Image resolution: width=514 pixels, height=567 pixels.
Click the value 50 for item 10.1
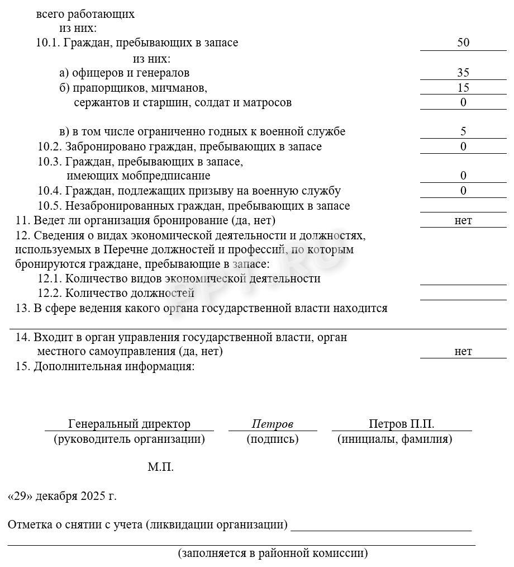pyautogui.click(x=463, y=43)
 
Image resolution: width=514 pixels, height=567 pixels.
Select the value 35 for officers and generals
pyautogui.click(x=463, y=73)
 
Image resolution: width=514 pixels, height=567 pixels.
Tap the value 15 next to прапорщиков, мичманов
pyautogui.click(x=463, y=88)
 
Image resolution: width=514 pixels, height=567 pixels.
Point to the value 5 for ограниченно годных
pyautogui.click(x=463, y=132)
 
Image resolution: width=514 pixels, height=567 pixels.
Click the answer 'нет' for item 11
pyautogui.click(x=463, y=220)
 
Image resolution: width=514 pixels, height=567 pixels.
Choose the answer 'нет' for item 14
pyautogui.click(x=463, y=351)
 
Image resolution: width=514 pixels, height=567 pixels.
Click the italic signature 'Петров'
pyautogui.click(x=272, y=424)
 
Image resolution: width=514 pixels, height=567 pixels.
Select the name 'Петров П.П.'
pyautogui.click(x=401, y=424)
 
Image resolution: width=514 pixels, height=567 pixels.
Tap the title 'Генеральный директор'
pyautogui.click(x=129, y=424)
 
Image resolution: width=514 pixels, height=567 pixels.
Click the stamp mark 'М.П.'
pyautogui.click(x=160, y=467)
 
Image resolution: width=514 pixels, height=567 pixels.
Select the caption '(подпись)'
pyautogui.click(x=272, y=439)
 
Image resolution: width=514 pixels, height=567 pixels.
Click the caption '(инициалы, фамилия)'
pyautogui.click(x=394, y=439)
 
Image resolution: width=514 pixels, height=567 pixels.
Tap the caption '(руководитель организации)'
pyautogui.click(x=129, y=439)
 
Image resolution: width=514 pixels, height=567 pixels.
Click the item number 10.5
pyautogui.click(x=50, y=206)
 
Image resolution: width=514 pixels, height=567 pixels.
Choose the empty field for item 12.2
pyautogui.click(x=463, y=294)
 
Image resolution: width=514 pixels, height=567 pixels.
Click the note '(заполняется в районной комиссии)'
pyautogui.click(x=273, y=554)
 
